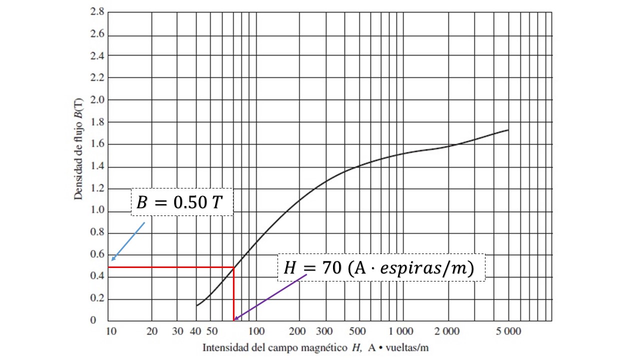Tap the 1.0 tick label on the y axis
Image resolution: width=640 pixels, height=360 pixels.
point(97,211)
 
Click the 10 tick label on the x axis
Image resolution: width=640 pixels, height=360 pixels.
point(111,331)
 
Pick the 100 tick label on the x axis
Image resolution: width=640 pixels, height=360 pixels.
point(256,331)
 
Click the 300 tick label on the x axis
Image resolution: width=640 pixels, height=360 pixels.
point(325,331)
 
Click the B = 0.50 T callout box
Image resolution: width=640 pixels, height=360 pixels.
point(182,202)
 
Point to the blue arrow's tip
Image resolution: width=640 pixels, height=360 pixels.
point(111,260)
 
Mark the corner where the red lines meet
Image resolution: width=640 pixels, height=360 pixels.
point(233,267)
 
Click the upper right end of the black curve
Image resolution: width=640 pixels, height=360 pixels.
point(508,130)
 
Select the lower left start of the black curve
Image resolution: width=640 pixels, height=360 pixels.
point(196,305)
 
